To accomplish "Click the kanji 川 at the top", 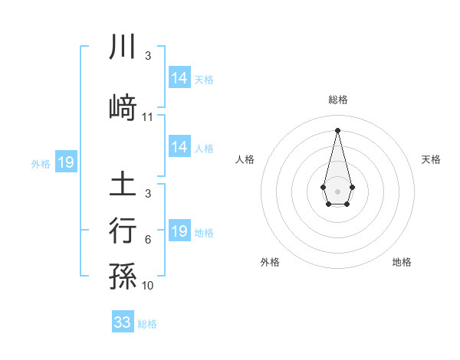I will pyautogui.click(x=123, y=47).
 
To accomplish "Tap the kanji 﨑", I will pyautogui.click(x=123, y=107).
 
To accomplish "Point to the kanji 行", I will pyautogui.click(x=123, y=231).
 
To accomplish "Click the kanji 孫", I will pyautogui.click(x=123, y=277).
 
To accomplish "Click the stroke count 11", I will pyautogui.click(x=148, y=117).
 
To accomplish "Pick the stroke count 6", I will pyautogui.click(x=148, y=240).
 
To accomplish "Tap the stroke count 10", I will pyautogui.click(x=148, y=286).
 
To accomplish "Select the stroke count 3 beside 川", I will pyautogui.click(x=148, y=56).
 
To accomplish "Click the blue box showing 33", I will pyautogui.click(x=123, y=322).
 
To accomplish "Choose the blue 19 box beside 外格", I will pyautogui.click(x=65, y=162).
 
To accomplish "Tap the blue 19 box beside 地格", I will pyautogui.click(x=179, y=231).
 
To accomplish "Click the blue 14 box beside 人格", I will pyautogui.click(x=179, y=147).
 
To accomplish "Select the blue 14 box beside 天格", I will pyautogui.click(x=179, y=78).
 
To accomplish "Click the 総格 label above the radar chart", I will pyautogui.click(x=337, y=100).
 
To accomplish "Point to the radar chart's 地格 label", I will pyautogui.click(x=402, y=262).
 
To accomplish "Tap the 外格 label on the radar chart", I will pyautogui.click(x=270, y=262).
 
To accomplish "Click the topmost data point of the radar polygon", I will pyautogui.click(x=337, y=129).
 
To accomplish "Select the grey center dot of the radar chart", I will pyautogui.click(x=337, y=190).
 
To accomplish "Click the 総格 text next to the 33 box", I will pyautogui.click(x=147, y=324).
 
